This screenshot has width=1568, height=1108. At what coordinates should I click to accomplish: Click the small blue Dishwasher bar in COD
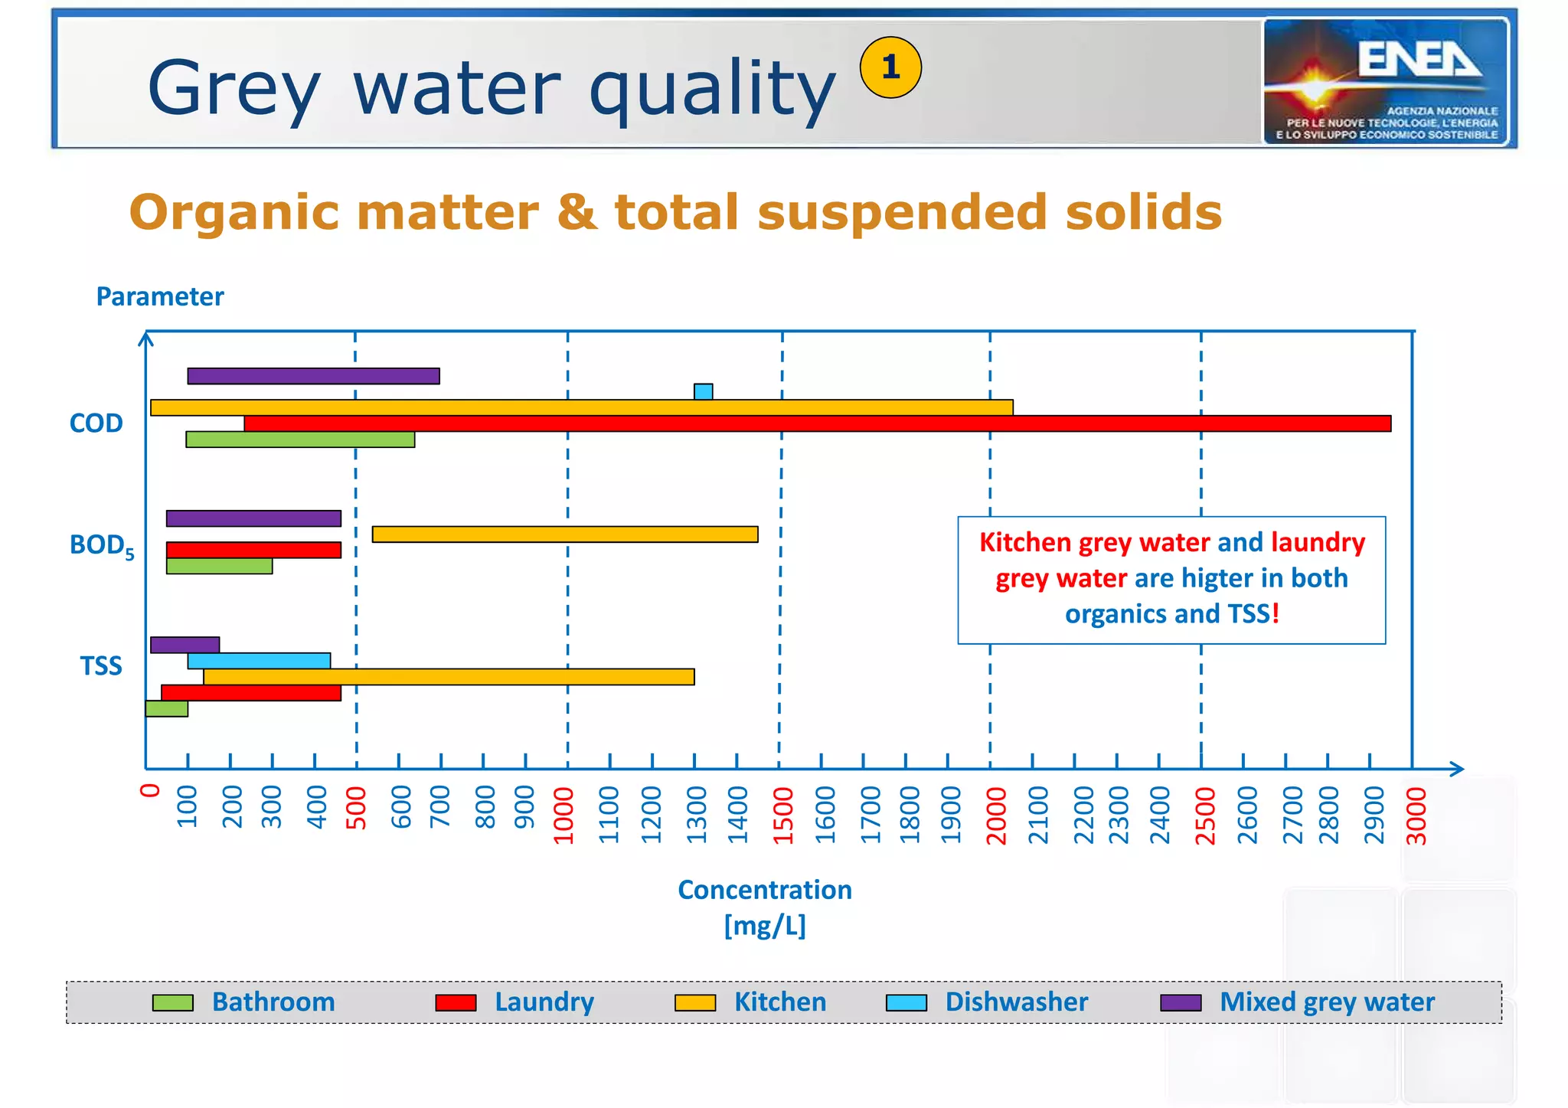[x=703, y=391]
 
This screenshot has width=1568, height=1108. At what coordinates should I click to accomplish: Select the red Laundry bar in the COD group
[x=817, y=423]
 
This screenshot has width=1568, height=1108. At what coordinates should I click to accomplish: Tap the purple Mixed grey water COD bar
[x=313, y=376]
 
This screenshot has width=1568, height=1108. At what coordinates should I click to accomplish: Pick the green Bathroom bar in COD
[x=300, y=440]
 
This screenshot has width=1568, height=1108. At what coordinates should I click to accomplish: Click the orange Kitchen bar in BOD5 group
[x=565, y=534]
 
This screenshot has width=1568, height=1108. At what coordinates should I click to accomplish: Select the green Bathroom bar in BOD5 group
[x=219, y=566]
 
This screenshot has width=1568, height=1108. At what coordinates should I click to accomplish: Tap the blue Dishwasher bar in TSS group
[x=259, y=661]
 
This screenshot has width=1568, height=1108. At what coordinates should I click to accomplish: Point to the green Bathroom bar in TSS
[x=167, y=709]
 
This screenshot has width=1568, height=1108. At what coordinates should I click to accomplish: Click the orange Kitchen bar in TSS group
[x=449, y=677]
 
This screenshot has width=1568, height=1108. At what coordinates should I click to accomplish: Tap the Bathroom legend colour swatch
[x=173, y=1003]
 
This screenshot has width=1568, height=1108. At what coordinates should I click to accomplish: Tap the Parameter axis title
[x=160, y=296]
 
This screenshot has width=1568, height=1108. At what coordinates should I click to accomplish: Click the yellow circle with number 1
[x=890, y=67]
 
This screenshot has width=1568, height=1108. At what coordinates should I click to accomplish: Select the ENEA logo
[x=1386, y=82]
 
